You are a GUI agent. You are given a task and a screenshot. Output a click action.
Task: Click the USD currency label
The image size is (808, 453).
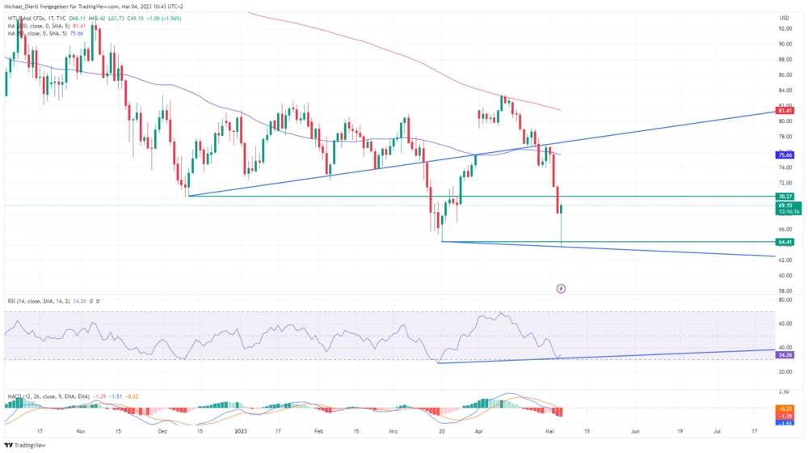click(x=783, y=18)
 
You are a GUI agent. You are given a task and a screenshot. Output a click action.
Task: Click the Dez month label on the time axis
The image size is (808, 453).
click(x=164, y=431)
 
